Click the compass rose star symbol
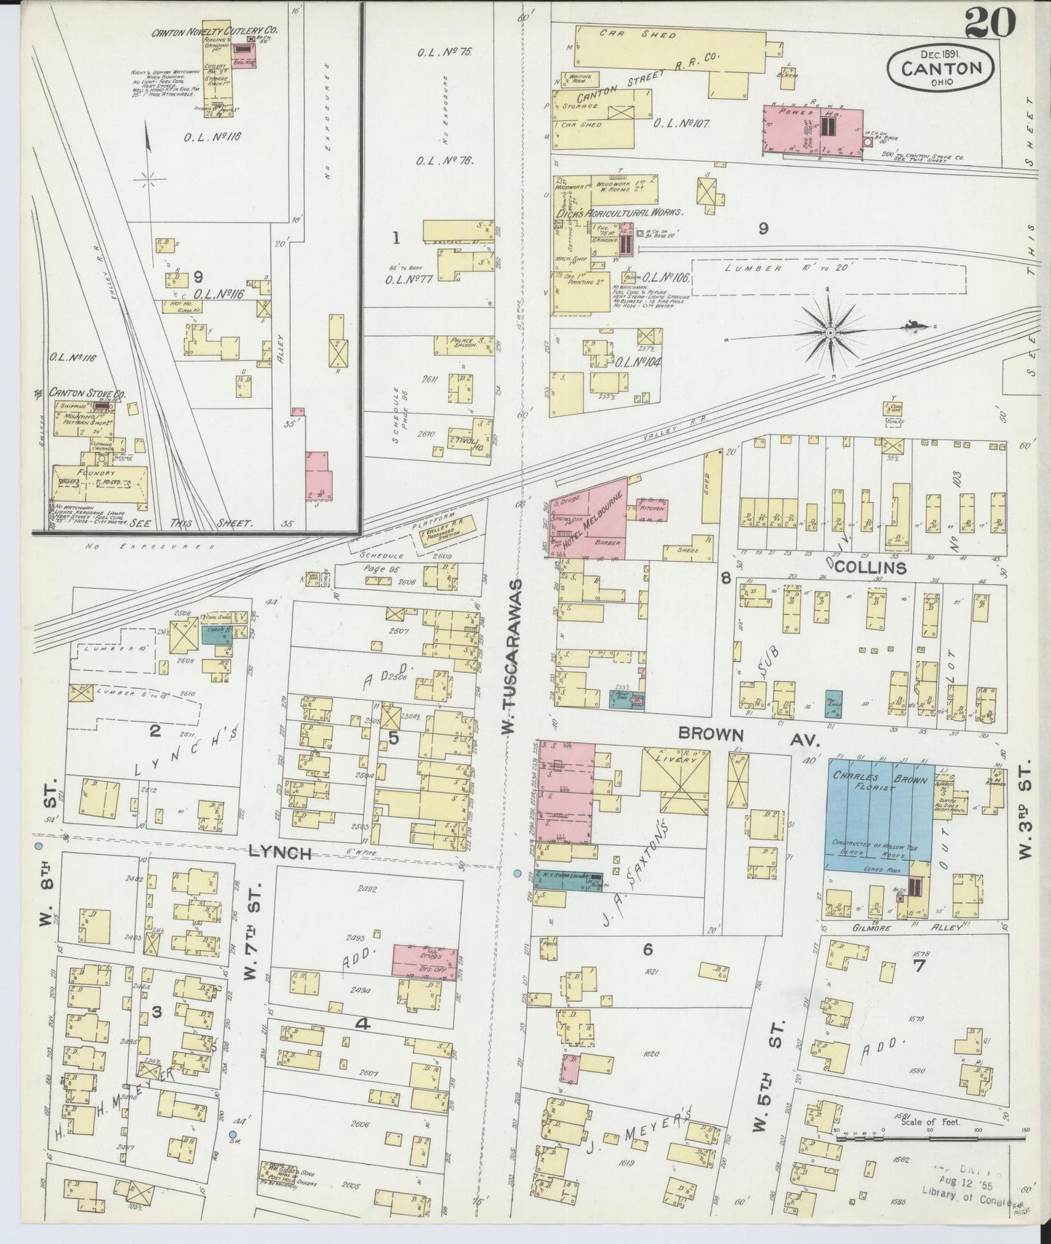point(829,332)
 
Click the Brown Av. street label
point(749,736)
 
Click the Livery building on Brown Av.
point(675,779)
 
